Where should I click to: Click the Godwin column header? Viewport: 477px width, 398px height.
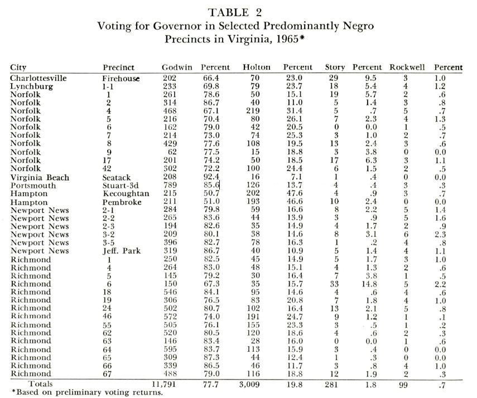click(x=176, y=67)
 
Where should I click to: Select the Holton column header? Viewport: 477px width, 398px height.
click(x=257, y=67)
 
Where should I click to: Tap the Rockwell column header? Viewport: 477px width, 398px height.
click(x=407, y=67)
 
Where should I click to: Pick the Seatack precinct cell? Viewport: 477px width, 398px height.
click(x=115, y=178)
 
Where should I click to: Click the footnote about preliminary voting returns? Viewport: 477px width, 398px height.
click(x=78, y=392)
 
